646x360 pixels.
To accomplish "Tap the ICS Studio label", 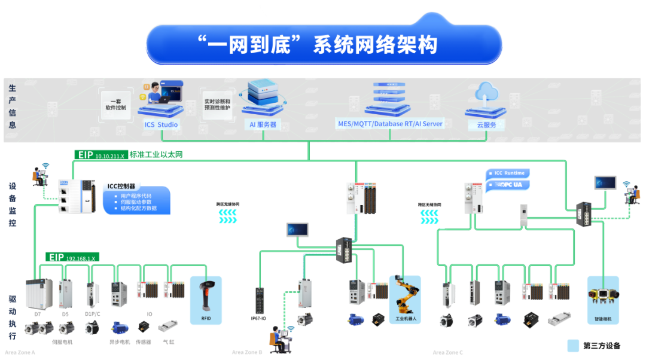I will [161, 124].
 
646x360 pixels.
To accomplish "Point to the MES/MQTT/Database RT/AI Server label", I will [390, 124].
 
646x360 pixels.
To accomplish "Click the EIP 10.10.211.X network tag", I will [101, 155].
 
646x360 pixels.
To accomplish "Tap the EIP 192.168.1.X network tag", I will [72, 257].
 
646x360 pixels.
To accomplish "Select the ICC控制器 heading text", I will [121, 186].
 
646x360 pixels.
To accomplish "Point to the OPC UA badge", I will [508, 185].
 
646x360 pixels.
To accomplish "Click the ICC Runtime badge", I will [508, 173].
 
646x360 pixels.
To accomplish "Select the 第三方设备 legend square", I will [573, 346].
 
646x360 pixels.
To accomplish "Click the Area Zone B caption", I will [247, 353].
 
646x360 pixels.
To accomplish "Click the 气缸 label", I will [168, 342].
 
